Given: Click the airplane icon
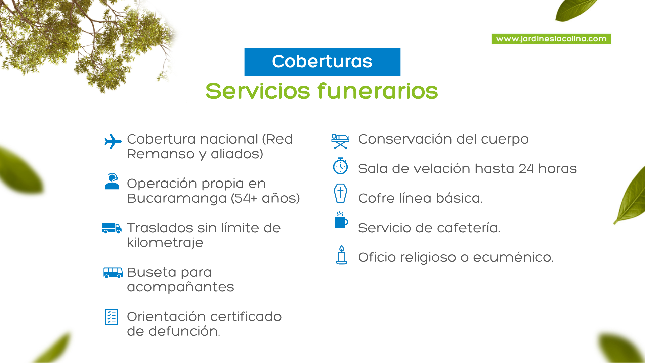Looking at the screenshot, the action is click(x=113, y=142).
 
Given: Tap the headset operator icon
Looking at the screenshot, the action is click(x=112, y=182).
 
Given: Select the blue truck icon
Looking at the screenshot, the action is click(x=112, y=228).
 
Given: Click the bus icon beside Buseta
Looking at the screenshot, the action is click(x=113, y=273).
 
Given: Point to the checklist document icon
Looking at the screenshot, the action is click(x=112, y=317).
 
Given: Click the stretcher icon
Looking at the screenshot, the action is click(x=340, y=142).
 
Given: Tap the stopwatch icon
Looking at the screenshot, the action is click(x=340, y=166).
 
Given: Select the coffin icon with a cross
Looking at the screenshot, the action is click(x=340, y=193).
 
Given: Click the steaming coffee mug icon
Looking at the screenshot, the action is click(x=341, y=220).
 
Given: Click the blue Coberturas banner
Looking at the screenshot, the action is click(x=322, y=62).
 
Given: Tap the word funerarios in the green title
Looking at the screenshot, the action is click(x=378, y=91).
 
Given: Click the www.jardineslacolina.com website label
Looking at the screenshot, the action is click(x=551, y=39).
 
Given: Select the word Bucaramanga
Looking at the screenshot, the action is click(x=177, y=199).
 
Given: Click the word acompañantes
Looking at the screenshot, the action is click(x=180, y=287).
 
